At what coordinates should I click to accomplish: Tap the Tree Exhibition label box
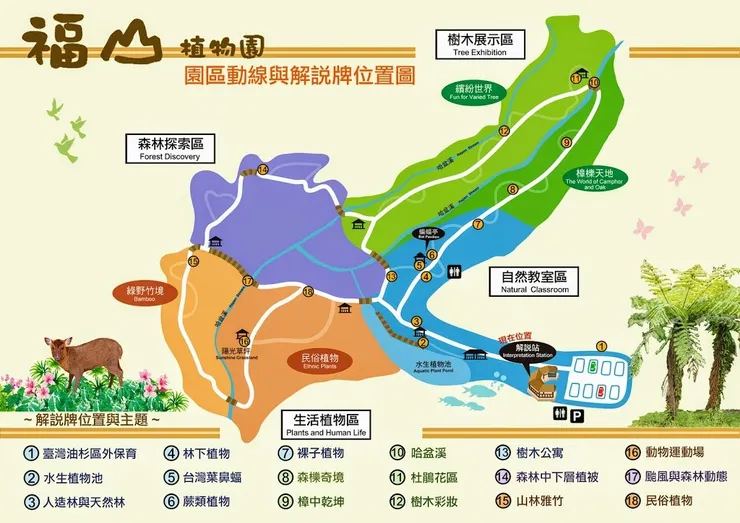(x=474, y=43)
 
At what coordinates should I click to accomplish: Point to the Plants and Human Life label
(x=326, y=424)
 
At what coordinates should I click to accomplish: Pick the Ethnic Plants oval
(x=320, y=361)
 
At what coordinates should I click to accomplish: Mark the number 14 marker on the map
(x=263, y=170)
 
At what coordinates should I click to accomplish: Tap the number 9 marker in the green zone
(x=566, y=143)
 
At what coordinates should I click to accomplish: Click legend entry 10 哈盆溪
(x=430, y=452)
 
